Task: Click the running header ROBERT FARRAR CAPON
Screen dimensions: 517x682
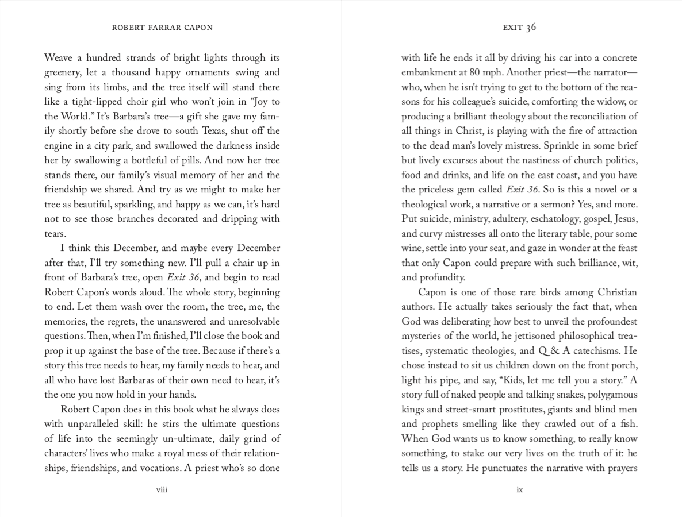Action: pos(162,28)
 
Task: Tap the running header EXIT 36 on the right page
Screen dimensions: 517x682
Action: pos(519,28)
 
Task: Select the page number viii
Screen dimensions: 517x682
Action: pos(162,490)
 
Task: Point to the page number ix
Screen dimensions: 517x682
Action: pos(519,490)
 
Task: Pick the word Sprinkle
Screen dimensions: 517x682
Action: pos(549,146)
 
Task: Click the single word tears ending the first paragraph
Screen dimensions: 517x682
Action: pos(55,234)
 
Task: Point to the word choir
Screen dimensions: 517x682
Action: pos(137,102)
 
